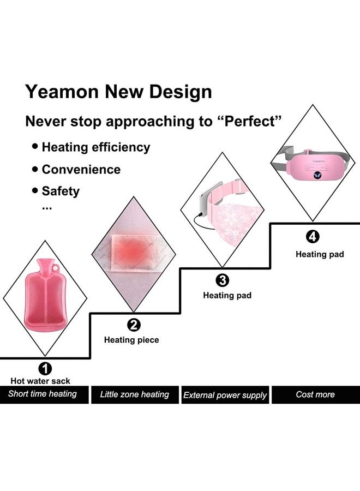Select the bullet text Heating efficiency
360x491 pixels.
click(x=95, y=147)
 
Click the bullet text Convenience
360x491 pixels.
click(x=81, y=169)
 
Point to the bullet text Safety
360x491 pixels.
click(x=60, y=191)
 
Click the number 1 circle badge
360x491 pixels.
click(x=46, y=369)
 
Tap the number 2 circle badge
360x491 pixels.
click(x=134, y=326)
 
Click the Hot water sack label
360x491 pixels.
click(x=40, y=381)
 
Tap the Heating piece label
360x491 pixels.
click(x=131, y=340)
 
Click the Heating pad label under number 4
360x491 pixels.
click(x=320, y=254)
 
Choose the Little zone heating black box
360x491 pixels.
click(x=134, y=394)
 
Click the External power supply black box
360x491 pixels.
click(x=225, y=395)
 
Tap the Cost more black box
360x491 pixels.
click(x=315, y=394)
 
